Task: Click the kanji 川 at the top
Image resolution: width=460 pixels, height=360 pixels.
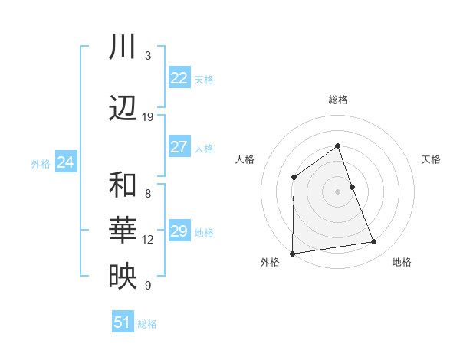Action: click(123, 47)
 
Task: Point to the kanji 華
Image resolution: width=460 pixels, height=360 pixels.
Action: click(123, 231)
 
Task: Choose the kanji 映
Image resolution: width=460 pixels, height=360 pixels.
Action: click(123, 277)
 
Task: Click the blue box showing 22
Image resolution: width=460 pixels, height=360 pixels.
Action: click(179, 78)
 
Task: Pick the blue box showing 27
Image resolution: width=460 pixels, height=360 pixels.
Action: click(179, 147)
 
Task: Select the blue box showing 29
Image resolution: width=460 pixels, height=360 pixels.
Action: click(179, 231)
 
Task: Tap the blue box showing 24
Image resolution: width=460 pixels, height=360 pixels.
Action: click(66, 162)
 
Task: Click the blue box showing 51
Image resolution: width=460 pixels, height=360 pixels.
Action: click(122, 322)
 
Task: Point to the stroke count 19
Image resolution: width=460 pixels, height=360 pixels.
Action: click(148, 117)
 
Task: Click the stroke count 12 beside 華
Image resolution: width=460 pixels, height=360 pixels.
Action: click(148, 240)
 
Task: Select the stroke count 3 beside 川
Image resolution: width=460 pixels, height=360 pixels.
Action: click(148, 56)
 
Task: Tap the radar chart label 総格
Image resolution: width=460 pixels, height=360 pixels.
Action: click(338, 100)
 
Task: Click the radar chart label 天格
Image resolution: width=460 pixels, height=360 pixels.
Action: click(432, 159)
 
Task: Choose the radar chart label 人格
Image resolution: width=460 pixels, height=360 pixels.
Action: click(245, 159)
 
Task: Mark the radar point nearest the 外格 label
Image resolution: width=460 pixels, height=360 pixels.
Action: click(292, 253)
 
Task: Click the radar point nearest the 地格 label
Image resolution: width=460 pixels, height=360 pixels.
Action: click(374, 242)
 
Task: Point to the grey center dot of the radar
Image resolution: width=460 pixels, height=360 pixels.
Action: click(338, 191)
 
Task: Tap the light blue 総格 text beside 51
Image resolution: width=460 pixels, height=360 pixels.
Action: click(147, 324)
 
